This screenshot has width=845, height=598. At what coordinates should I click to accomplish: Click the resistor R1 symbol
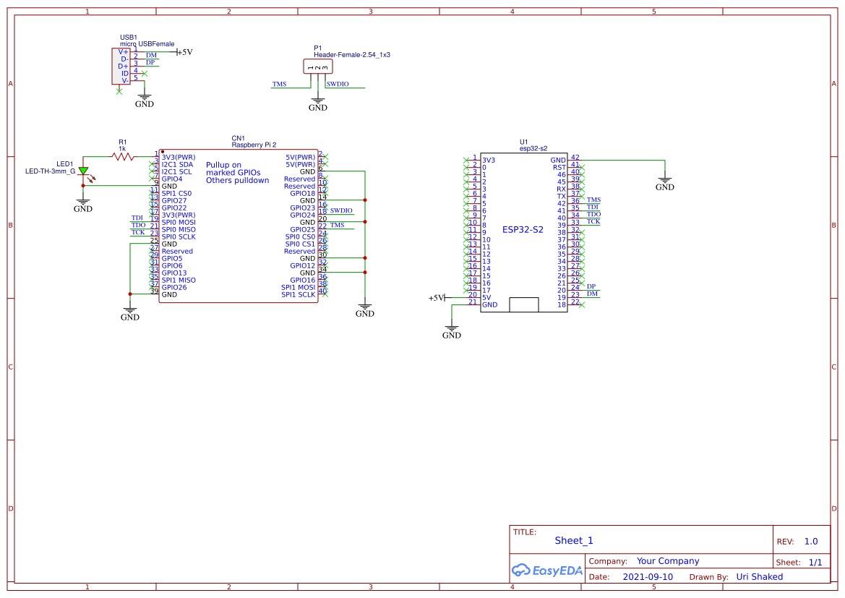123,156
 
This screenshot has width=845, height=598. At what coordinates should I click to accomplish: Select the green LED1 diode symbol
83,172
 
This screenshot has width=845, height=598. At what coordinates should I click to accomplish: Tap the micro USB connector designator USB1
129,37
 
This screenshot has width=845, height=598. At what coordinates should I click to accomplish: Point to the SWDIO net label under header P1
338,84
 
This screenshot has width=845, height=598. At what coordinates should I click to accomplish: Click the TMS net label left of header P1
279,84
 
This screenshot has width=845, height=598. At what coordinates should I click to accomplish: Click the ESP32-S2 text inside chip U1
523,229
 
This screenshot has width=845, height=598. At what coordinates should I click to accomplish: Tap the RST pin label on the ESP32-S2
559,167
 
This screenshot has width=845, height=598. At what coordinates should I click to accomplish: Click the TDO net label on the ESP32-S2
593,214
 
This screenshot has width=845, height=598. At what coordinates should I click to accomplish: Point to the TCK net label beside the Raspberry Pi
138,232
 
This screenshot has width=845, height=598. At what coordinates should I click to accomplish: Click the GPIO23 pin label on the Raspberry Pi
302,208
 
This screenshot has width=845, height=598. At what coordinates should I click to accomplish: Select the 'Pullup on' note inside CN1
223,165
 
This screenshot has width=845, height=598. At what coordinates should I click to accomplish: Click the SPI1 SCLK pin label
298,294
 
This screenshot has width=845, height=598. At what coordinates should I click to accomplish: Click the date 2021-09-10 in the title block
648,577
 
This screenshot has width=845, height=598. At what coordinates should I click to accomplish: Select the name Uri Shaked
759,577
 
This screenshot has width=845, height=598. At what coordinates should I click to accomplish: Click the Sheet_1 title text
574,540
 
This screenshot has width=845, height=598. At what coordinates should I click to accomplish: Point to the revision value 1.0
811,541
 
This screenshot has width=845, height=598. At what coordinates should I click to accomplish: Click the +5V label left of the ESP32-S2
436,298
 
